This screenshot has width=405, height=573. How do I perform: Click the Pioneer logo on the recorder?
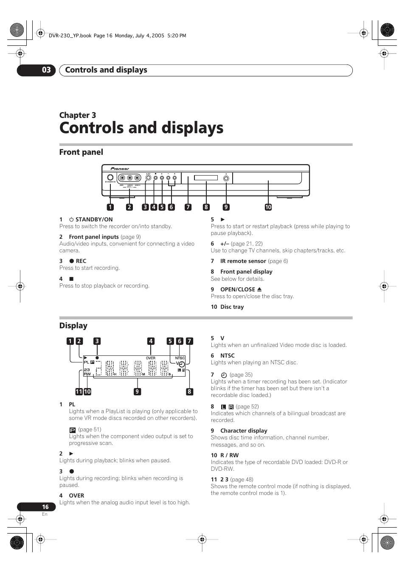click(x=120, y=169)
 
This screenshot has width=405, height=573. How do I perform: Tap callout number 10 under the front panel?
click(x=268, y=207)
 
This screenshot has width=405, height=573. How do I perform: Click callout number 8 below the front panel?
click(x=206, y=207)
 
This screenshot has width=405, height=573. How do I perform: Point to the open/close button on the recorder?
click(x=226, y=179)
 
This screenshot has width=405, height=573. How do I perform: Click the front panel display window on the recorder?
click(x=206, y=178)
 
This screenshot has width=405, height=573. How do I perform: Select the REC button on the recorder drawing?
click(x=148, y=178)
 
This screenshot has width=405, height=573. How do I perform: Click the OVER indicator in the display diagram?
click(x=151, y=358)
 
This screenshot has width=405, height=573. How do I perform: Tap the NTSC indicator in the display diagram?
click(x=180, y=358)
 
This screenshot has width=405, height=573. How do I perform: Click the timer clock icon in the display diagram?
click(x=182, y=364)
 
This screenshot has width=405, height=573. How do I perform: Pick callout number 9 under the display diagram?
click(x=137, y=392)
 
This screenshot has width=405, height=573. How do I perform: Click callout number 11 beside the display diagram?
click(x=79, y=392)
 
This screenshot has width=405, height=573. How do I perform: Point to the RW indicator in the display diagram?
click(x=87, y=374)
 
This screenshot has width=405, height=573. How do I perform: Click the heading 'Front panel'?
click(x=81, y=152)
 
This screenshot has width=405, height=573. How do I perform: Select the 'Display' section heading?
click(x=73, y=326)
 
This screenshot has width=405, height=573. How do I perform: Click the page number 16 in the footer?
click(x=45, y=507)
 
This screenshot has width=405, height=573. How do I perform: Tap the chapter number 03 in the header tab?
click(x=46, y=70)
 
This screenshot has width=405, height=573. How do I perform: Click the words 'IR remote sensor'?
click(x=243, y=261)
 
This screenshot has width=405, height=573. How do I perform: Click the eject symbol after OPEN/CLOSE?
click(x=259, y=289)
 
